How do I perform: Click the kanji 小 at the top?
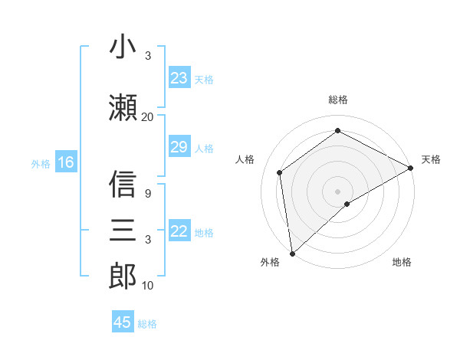coord(123,47)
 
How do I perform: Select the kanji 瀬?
coord(123,106)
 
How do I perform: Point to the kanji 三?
coord(123,230)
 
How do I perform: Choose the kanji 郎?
coord(123,276)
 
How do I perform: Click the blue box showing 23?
coord(179,78)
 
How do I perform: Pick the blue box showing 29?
coord(179,147)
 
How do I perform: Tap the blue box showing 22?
coord(179,231)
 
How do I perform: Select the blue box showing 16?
coord(65,162)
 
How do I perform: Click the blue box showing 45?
coord(123,322)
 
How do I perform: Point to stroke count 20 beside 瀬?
coord(147,116)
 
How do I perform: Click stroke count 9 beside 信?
coord(147,193)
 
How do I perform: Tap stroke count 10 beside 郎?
coord(147,286)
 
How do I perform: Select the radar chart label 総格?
coord(338,100)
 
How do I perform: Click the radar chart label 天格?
coord(431,159)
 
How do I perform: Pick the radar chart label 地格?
coord(402,262)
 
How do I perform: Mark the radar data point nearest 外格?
coord(292,253)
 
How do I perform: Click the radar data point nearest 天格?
coord(411,169)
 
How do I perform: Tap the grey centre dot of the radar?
coord(338,190)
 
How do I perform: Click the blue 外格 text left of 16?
coord(40,163)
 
